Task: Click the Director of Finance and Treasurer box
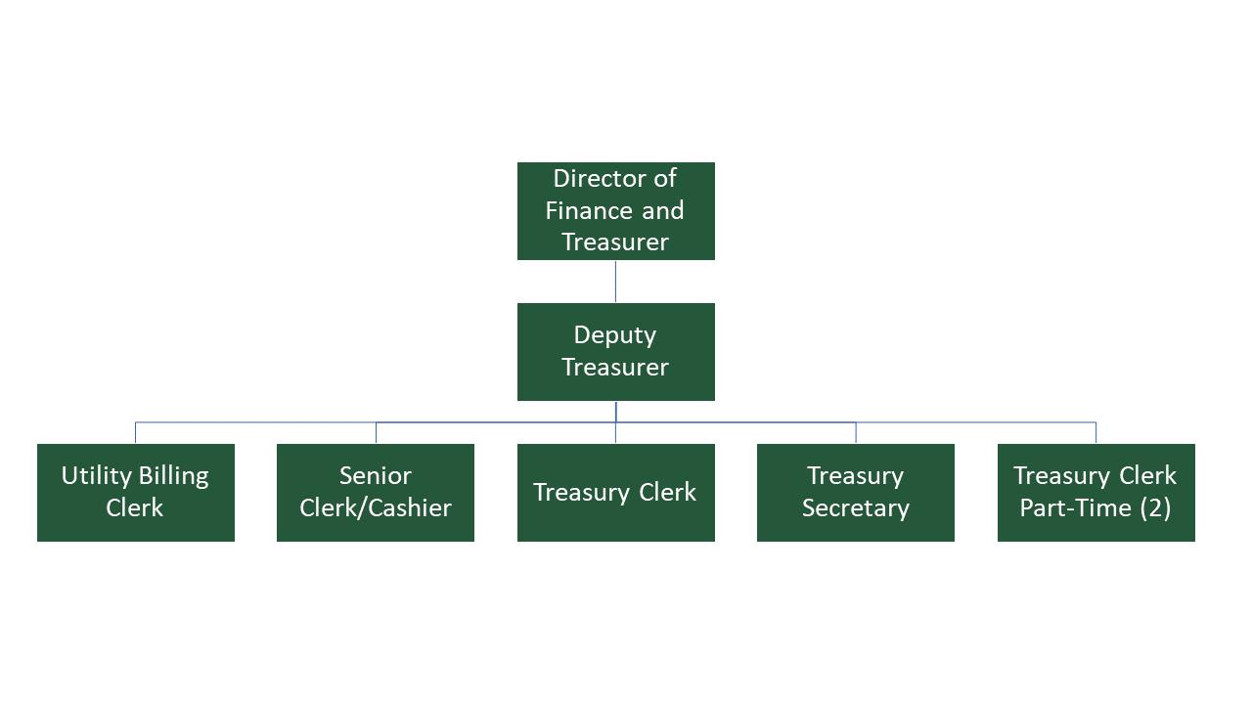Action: (x=615, y=210)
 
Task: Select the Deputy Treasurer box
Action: (x=615, y=351)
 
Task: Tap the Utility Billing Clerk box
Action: (x=135, y=492)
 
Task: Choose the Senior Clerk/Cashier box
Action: (x=376, y=492)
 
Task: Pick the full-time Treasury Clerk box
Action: (x=615, y=492)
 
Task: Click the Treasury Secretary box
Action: (x=856, y=492)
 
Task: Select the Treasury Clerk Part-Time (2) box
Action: (x=1095, y=492)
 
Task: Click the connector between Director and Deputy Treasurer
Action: (x=615, y=282)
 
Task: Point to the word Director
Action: (x=593, y=179)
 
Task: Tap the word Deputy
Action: (x=615, y=335)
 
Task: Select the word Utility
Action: (x=94, y=476)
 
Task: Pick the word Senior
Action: (x=376, y=476)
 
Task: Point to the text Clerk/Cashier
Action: (x=376, y=508)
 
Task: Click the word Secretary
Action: (x=856, y=508)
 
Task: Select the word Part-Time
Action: (x=1074, y=508)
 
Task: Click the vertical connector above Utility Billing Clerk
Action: (x=135, y=433)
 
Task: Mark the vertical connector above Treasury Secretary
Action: (x=856, y=433)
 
